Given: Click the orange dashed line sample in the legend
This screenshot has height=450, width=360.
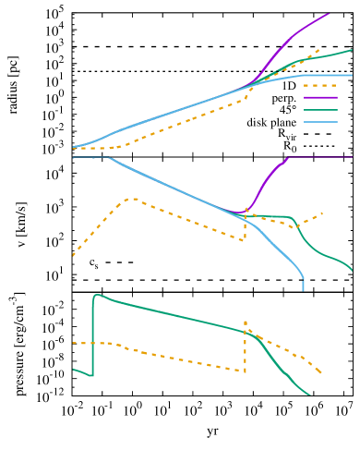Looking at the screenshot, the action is tap(319, 85).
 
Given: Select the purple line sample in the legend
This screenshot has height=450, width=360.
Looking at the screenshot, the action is tap(319, 97).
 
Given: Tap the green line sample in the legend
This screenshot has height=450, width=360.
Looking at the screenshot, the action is tap(319, 110).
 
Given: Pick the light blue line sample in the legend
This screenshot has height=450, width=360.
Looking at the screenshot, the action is tap(319, 122).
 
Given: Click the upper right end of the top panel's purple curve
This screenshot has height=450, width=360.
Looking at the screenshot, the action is tap(329, 14).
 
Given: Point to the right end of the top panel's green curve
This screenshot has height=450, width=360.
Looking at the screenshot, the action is tap(352, 51).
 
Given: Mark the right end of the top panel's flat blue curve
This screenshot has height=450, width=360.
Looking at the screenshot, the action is tap(352, 75).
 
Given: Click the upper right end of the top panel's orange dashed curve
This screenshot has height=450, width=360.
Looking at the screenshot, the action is tap(319, 50).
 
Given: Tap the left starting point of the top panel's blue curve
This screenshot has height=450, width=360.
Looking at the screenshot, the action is tap(74, 147).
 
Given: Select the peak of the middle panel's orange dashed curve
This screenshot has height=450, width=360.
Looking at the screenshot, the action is tap(130, 198).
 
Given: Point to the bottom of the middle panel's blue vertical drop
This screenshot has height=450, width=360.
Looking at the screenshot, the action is tap(303, 289).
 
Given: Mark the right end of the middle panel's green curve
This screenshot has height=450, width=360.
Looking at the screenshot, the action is tap(352, 271).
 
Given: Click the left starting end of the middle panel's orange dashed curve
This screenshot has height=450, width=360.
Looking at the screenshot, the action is tap(74, 254).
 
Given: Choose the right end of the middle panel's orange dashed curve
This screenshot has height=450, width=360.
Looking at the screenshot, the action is tap(322, 213).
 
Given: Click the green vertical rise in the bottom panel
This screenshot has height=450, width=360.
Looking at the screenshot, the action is tap(92, 333).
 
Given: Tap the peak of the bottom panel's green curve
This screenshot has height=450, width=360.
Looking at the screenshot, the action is tap(96, 295).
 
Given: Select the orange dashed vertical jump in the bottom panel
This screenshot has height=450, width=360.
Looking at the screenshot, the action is tap(246, 347).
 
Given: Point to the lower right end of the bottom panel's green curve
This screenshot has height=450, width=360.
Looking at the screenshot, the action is tap(309, 395).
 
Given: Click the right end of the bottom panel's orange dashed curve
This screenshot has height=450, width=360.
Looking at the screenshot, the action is tap(321, 372).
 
